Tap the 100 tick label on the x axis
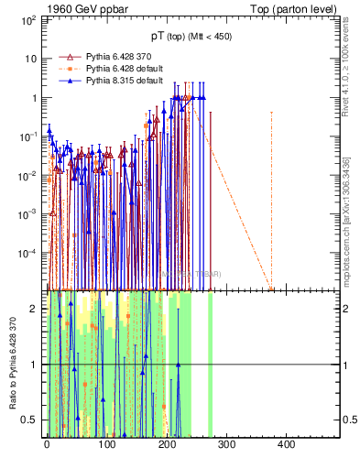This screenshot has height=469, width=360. pyautogui.click(x=106, y=444)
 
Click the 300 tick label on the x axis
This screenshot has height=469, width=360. pyautogui.click(x=226, y=444)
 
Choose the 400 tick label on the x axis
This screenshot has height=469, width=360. pyautogui.click(x=286, y=444)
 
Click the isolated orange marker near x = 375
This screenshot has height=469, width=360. pyautogui.click(x=271, y=289)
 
